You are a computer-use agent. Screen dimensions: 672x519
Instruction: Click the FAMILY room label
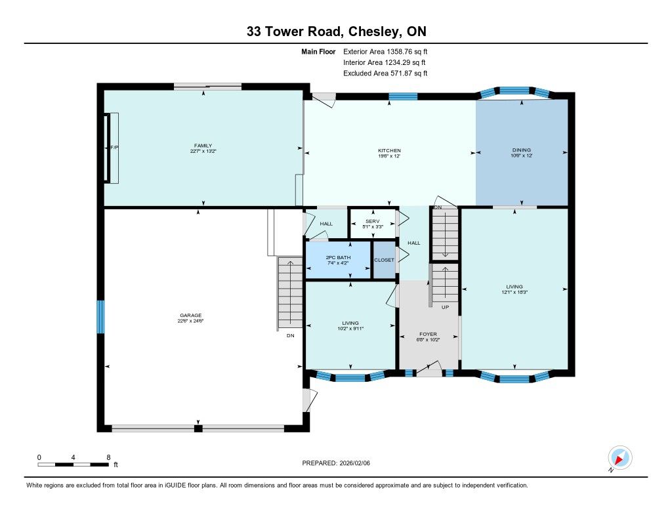(203, 146)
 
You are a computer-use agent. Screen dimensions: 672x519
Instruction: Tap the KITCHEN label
(389, 150)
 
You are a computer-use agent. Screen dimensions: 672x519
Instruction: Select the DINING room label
(522, 150)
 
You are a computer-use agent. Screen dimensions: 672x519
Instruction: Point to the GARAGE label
(191, 316)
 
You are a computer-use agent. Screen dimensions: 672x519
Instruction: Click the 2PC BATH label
(338, 258)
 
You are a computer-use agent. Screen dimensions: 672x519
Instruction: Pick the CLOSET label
(384, 260)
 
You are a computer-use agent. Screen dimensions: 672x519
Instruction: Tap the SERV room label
(373, 221)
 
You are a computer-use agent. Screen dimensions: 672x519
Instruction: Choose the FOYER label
(428, 334)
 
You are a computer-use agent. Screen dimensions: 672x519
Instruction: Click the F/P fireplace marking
(114, 148)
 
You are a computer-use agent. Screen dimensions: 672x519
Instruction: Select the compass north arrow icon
(619, 458)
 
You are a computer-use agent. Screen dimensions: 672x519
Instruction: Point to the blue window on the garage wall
(100, 317)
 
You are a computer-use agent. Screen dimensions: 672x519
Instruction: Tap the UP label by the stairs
(446, 307)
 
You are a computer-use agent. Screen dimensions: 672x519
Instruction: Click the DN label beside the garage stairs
(291, 335)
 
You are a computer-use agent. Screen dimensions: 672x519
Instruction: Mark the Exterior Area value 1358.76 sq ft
(407, 52)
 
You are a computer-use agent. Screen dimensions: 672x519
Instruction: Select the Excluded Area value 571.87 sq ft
(409, 73)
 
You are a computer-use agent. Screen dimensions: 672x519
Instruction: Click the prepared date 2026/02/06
(354, 463)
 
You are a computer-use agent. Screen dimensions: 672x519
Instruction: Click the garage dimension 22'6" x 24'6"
(191, 321)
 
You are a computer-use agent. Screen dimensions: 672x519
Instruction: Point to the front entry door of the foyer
(430, 369)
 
